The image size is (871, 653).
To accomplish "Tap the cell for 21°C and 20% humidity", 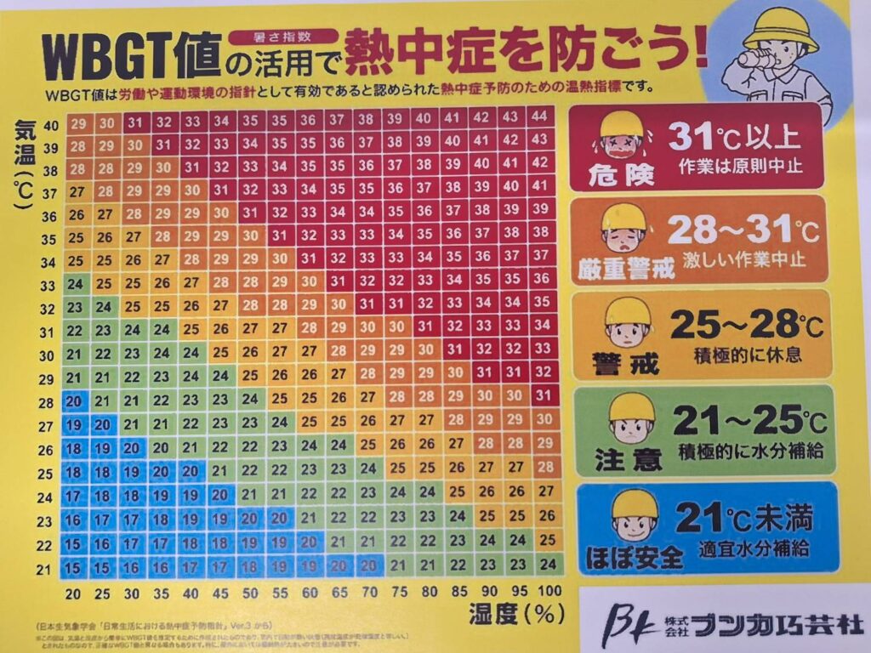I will click(75, 566).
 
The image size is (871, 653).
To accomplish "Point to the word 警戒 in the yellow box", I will click(627, 364).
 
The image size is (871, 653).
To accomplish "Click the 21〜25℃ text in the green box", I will click(749, 419).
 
